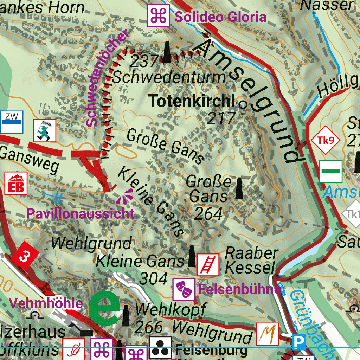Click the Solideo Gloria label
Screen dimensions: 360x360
220,17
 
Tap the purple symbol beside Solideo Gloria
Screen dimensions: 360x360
158,15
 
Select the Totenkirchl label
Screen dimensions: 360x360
192,101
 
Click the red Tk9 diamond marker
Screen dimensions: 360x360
326,141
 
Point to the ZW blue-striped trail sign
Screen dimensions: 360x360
12,122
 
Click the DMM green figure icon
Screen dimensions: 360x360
45,130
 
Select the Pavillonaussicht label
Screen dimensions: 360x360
81,213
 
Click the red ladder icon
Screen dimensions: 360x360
208,264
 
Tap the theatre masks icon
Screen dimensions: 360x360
184,289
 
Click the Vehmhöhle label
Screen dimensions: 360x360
46,303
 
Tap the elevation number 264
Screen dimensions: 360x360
208,213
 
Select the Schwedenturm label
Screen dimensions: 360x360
169,77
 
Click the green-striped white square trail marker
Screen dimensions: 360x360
331,171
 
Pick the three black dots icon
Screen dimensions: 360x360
160,347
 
